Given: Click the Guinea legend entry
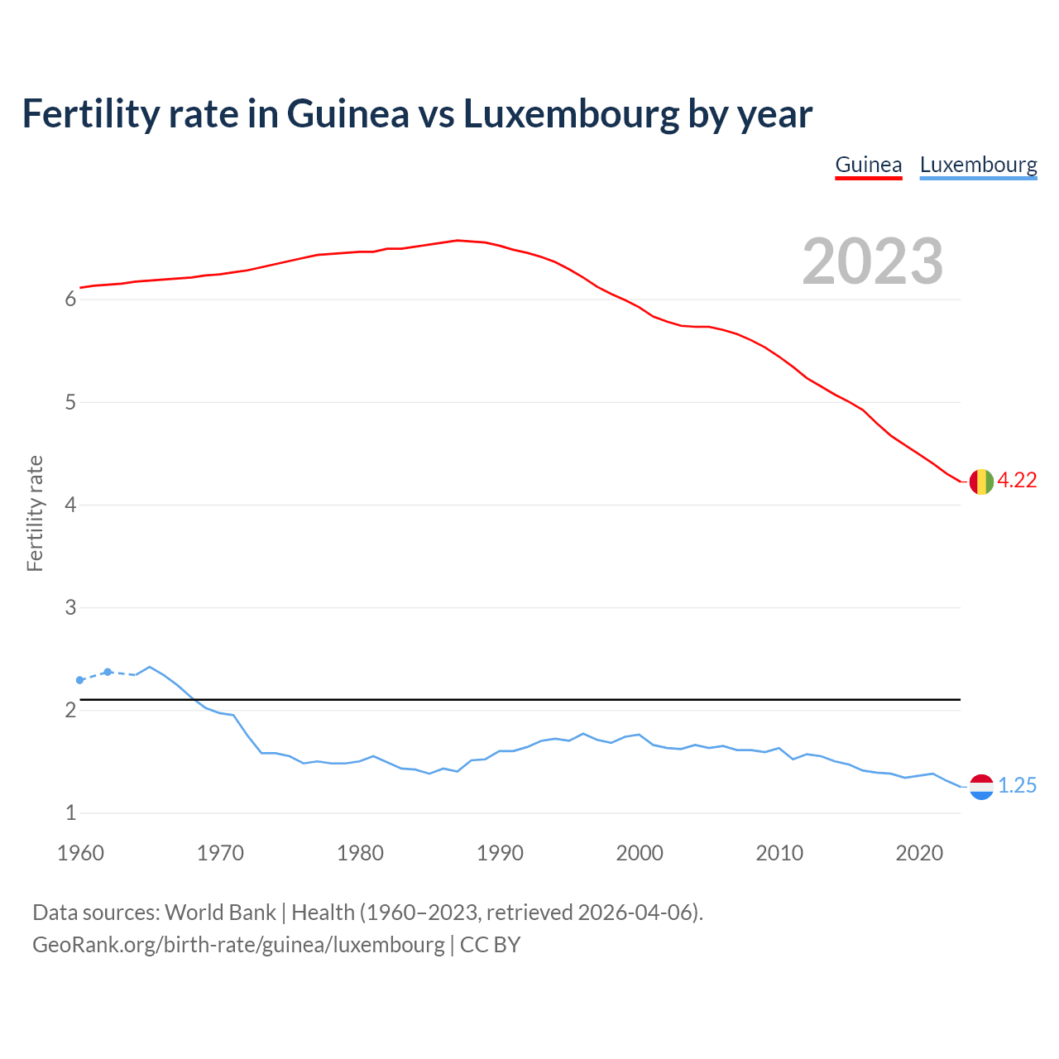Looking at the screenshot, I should [868, 165].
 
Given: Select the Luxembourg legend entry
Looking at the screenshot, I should [978, 165].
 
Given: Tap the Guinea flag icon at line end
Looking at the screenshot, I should [981, 481].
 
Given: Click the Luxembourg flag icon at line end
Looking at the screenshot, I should [981, 787].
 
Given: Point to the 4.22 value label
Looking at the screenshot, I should [1017, 481].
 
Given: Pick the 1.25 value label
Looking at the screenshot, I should [1017, 786].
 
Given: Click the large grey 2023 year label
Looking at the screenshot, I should [873, 261].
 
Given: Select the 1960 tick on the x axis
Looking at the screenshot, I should [80, 853].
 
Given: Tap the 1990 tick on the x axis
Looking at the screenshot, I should [500, 853].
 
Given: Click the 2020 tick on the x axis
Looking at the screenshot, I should [919, 853].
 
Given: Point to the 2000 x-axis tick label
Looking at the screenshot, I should [640, 853].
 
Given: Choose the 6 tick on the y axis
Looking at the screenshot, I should [70, 299].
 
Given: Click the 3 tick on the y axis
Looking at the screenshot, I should [70, 608].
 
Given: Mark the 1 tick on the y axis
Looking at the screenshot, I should [70, 813].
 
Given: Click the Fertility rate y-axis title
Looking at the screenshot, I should [35, 513].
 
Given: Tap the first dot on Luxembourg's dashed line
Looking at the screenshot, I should [80, 680].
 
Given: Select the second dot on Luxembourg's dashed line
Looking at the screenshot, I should [108, 672].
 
